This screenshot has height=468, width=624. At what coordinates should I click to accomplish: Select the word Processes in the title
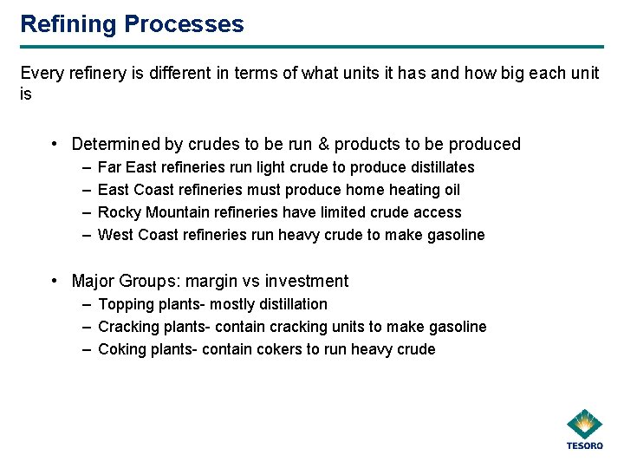pyautogui.click(x=184, y=24)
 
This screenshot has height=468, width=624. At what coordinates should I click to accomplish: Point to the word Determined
pyautogui.click(x=115, y=145)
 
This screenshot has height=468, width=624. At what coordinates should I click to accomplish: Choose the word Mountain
pyautogui.click(x=181, y=212)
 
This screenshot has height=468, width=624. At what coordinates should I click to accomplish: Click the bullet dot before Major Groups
pyautogui.click(x=55, y=281)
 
